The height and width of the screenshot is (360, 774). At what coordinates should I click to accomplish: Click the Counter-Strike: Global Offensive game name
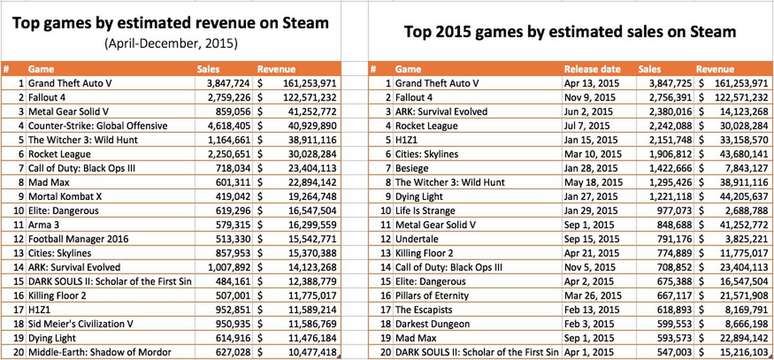97,125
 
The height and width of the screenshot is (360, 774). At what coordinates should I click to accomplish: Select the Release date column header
592,69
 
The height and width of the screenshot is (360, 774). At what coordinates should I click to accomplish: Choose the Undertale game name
415,239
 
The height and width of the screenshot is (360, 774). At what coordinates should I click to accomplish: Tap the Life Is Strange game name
425,210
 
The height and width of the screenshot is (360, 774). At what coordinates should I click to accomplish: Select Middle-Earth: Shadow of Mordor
99,352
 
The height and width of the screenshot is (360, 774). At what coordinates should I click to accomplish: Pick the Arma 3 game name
45,225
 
